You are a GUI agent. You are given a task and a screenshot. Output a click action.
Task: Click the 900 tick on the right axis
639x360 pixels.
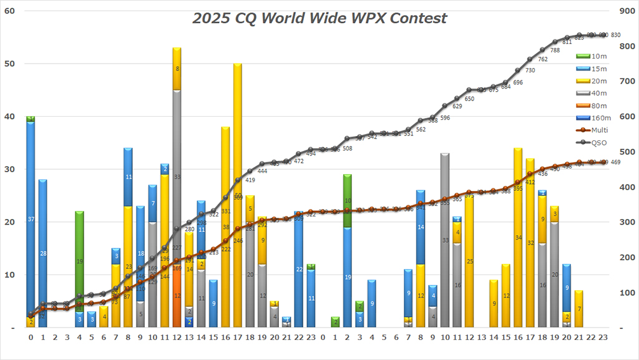(627, 11)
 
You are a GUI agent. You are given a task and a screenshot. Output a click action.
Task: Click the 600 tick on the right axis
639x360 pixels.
(627, 117)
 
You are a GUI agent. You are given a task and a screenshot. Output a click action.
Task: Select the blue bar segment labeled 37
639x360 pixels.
(31, 218)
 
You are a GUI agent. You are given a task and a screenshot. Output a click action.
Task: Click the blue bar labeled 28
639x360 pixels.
(43, 253)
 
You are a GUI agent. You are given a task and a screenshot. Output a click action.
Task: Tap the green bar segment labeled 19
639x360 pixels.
(79, 261)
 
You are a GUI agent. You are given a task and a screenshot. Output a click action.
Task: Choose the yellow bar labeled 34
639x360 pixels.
(518, 238)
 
